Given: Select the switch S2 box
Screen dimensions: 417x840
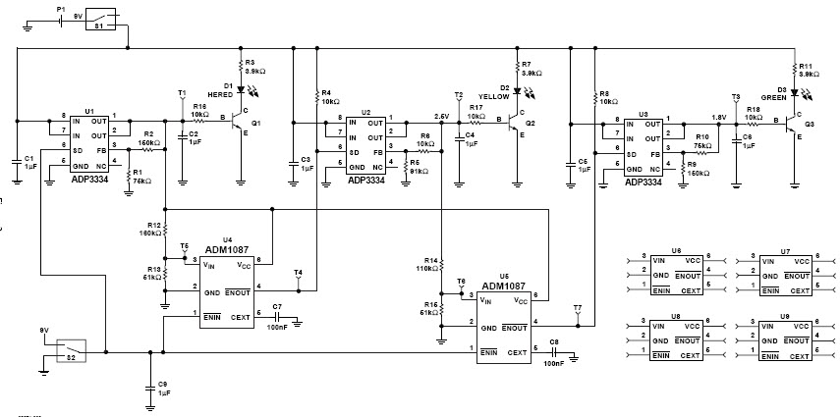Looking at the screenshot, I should point(71,348).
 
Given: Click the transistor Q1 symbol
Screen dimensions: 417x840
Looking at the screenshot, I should point(240,125).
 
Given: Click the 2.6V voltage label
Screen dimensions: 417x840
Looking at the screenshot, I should point(441,116).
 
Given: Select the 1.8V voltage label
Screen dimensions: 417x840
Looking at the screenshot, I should point(718,116).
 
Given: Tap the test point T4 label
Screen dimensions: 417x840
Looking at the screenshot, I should point(299,272).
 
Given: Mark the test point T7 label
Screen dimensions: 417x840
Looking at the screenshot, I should point(577,308).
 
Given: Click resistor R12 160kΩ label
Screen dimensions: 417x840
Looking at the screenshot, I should point(150,232).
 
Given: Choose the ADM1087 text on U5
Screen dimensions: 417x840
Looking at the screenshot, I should point(503,286).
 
